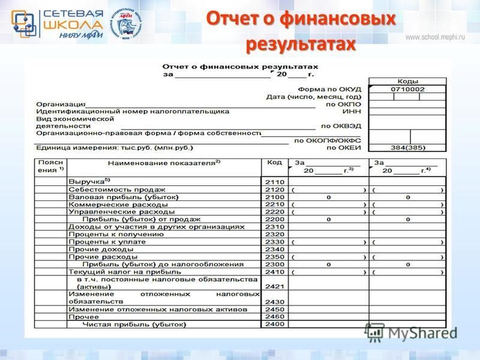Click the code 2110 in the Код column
pos(274,181)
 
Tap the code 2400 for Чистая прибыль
pos(274,325)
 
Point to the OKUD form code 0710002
pos(407,89)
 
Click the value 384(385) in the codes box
pos(407,147)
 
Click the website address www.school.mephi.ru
pos(435,37)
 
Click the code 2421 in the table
pos(274,286)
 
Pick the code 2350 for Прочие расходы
pos(274,256)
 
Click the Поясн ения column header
pos(51,166)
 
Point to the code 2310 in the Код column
pos(274,227)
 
